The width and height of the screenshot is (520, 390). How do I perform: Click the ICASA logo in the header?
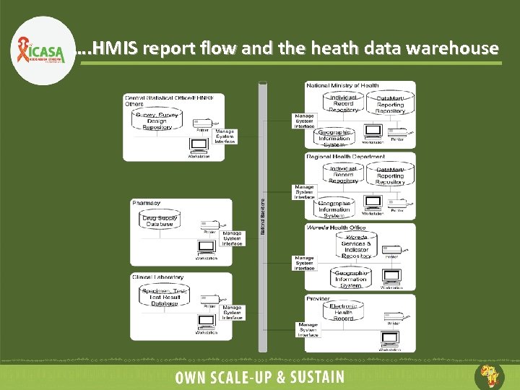point(40,50)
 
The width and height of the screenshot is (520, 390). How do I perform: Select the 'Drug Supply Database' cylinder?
point(160,220)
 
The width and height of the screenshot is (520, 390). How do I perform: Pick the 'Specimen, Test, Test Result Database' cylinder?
point(164,295)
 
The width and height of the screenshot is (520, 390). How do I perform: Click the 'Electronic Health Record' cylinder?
point(343,312)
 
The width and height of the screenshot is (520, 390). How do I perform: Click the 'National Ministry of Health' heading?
point(342,85)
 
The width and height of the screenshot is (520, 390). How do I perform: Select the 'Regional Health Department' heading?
point(345,157)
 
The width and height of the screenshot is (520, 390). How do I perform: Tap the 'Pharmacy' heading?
point(147,203)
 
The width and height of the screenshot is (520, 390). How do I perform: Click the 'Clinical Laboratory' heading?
point(157,277)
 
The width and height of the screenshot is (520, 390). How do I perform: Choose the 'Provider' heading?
point(318,298)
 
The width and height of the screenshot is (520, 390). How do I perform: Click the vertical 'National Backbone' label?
point(261,217)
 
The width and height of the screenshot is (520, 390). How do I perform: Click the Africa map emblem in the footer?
point(488,376)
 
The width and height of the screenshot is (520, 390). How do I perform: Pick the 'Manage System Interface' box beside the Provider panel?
point(308,329)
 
